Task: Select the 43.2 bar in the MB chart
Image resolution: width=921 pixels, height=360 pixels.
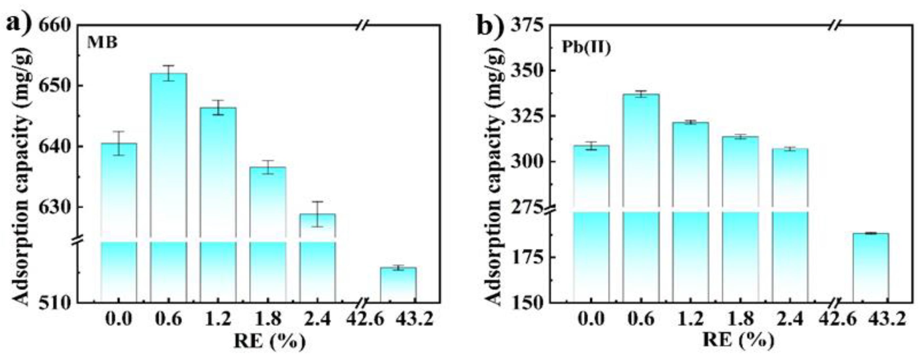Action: click(x=398, y=285)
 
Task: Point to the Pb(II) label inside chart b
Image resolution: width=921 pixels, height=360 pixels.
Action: click(x=586, y=47)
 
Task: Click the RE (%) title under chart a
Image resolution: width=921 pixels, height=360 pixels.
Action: click(x=270, y=342)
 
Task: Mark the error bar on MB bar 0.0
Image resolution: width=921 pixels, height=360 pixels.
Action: click(x=119, y=143)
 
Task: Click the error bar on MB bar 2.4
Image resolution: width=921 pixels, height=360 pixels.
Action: click(x=317, y=214)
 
